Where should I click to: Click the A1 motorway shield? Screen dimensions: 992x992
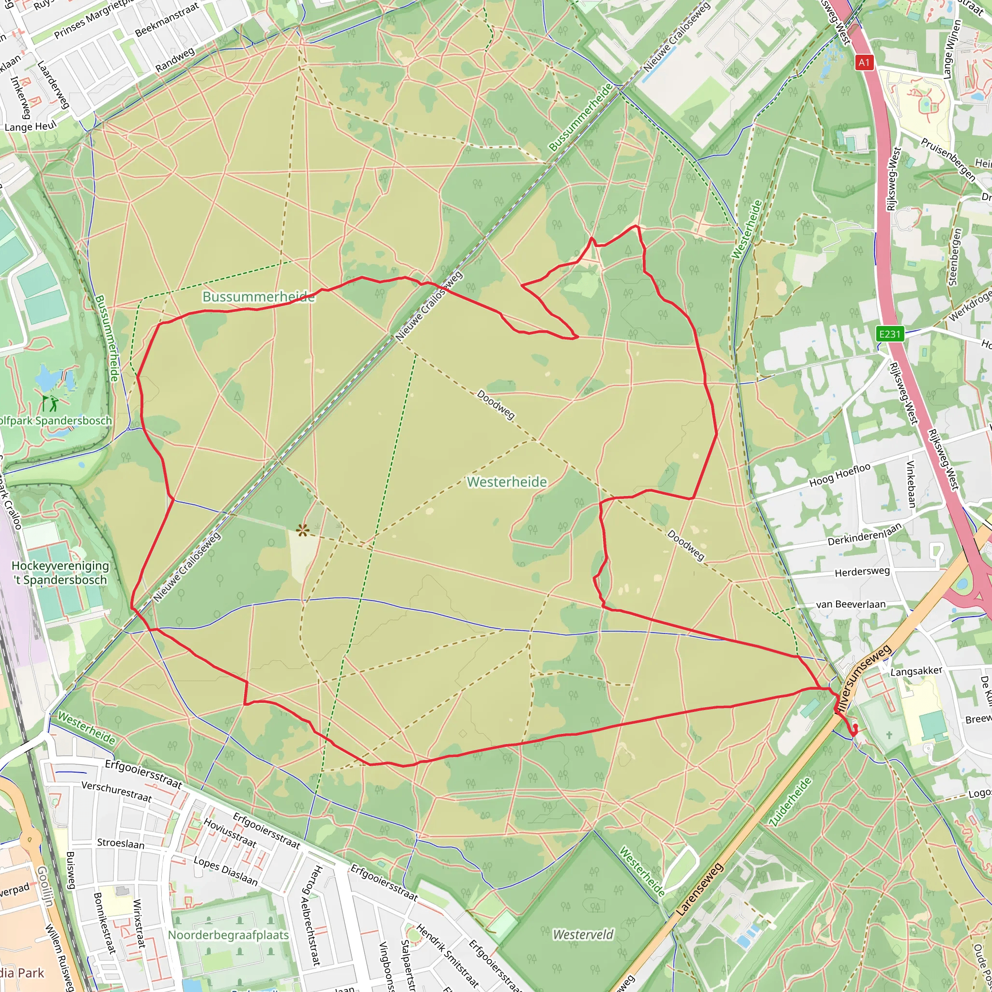tap(864, 62)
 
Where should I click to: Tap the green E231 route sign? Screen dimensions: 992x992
tap(890, 334)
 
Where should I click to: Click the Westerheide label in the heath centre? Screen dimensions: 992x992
tap(507, 481)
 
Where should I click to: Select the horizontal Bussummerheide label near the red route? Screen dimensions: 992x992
tap(258, 297)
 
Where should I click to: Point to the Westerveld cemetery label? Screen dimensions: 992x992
tap(583, 934)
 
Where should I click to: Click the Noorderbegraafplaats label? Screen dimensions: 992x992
tap(229, 935)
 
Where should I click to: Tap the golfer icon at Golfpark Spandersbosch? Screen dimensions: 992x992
tap(50, 403)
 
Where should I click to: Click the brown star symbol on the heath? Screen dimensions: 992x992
tap(302, 530)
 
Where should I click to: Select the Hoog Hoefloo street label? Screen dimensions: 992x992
tap(839, 475)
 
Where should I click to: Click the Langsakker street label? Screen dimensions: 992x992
tap(916, 671)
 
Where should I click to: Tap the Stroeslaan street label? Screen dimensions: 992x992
tap(121, 844)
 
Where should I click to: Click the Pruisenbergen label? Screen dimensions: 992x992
tap(948, 159)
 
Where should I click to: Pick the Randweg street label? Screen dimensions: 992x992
tap(175, 60)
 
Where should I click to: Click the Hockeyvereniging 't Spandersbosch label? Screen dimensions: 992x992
tap(60, 573)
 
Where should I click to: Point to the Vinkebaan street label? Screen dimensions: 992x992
tap(911, 484)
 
